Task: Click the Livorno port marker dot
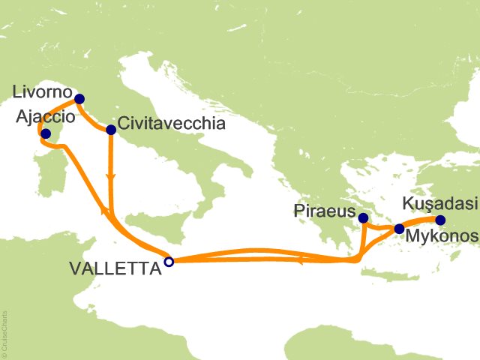(x=79, y=99)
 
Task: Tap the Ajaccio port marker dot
(x=45, y=133)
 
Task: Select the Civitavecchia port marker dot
(x=111, y=130)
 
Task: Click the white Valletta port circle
(x=169, y=262)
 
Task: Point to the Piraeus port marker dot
(x=363, y=218)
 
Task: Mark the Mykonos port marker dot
(x=399, y=228)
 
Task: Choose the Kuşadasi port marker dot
(x=440, y=220)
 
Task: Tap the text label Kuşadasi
(x=438, y=203)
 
